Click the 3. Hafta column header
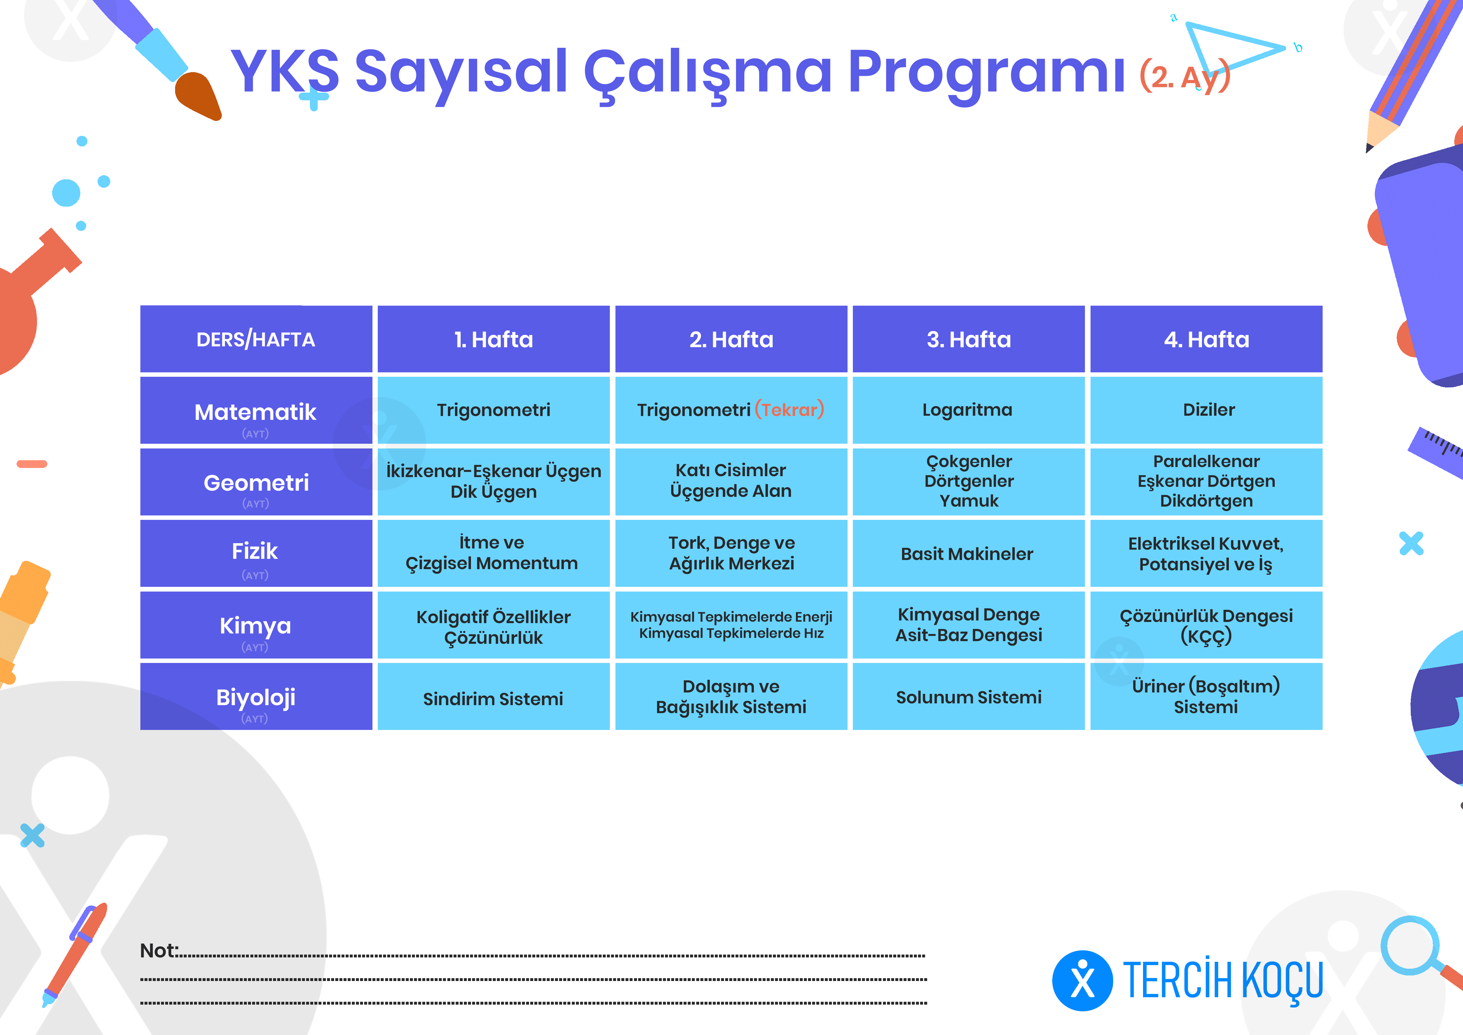[968, 339]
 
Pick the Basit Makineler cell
[968, 553]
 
